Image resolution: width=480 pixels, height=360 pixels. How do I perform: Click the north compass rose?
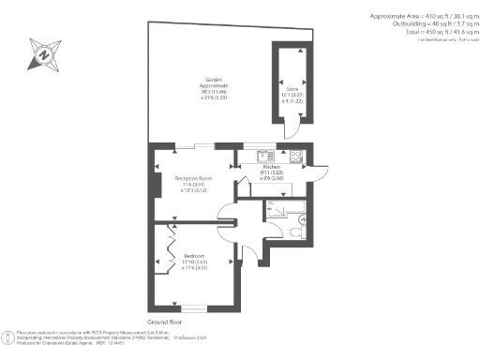(x=42, y=54)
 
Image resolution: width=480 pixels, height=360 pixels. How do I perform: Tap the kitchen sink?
(x=265, y=156)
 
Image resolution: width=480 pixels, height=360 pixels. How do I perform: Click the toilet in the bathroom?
(x=295, y=231)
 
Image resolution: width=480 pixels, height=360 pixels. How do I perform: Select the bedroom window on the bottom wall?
(x=193, y=307)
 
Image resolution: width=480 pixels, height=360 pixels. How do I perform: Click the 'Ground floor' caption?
(x=163, y=322)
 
